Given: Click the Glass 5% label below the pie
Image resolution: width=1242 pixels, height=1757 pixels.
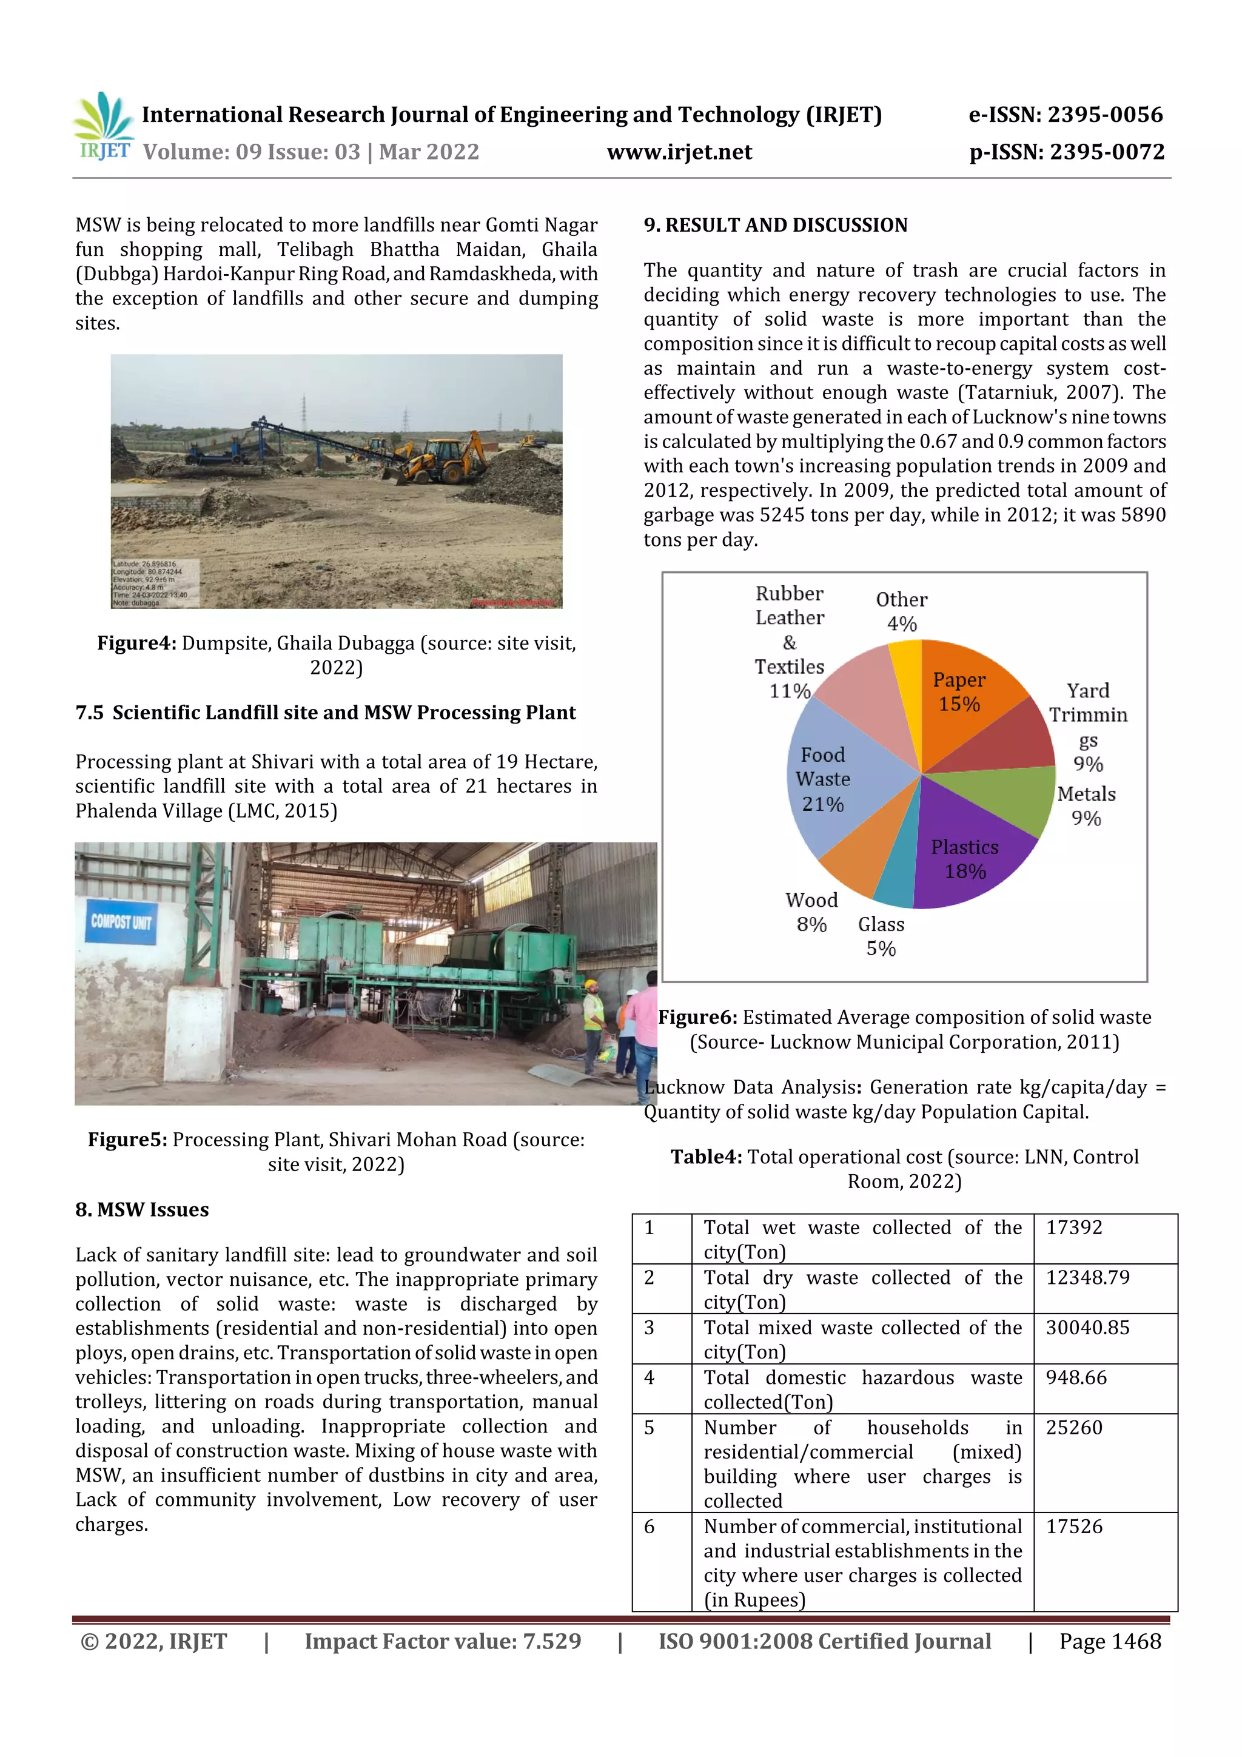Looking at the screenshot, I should pos(881,936).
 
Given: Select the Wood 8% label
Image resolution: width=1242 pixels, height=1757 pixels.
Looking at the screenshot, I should pos(811,912).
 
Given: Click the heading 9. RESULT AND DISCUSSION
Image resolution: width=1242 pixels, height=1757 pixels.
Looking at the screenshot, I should pos(775,225).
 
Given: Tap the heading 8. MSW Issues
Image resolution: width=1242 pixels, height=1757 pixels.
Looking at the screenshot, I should pos(141,1209).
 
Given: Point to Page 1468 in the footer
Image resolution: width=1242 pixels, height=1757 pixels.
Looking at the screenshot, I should pos(1110,1641).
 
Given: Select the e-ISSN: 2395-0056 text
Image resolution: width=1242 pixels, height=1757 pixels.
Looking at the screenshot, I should pos(1066,115).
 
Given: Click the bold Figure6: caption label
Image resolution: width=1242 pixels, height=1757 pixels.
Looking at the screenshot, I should pos(698,1017).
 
